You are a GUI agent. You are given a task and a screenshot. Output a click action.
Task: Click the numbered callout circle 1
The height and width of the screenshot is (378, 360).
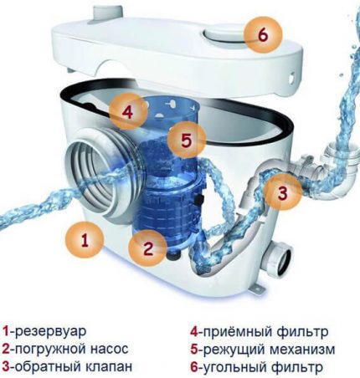[84, 241]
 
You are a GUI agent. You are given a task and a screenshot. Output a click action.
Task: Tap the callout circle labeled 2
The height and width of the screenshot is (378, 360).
[147, 248]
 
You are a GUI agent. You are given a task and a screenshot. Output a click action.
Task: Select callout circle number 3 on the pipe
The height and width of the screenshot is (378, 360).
[283, 194]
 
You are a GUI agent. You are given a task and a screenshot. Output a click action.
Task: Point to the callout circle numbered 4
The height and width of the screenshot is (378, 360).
[126, 110]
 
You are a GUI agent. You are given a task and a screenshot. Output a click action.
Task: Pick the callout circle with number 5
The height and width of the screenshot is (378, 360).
[187, 139]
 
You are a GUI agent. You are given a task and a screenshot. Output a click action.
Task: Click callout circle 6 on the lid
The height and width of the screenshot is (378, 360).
[262, 36]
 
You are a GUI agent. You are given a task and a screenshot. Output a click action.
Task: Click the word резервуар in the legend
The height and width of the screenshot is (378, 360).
[51, 330]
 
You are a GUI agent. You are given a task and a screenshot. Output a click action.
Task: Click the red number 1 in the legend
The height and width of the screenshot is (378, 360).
[8, 330]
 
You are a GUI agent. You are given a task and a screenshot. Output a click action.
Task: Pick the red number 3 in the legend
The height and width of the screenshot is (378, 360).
[8, 366]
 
